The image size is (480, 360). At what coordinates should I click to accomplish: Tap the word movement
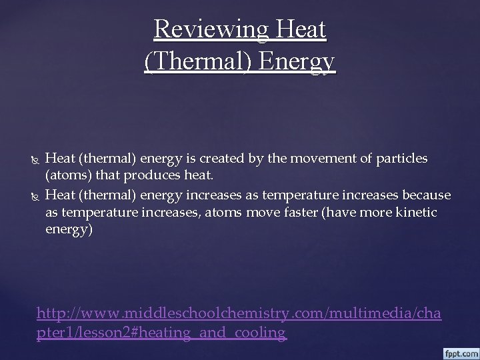click(319, 159)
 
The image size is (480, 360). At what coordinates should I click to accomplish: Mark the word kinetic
click(416, 212)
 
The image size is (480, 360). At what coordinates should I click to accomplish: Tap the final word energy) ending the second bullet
click(69, 229)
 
